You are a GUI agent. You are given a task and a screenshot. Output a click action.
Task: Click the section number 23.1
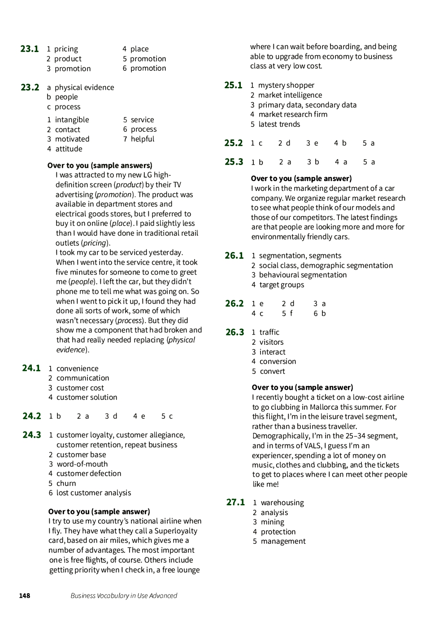tap(30, 49)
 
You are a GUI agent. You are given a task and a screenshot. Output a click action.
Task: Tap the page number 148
tap(25, 596)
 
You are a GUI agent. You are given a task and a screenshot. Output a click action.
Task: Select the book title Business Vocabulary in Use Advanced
tap(124, 596)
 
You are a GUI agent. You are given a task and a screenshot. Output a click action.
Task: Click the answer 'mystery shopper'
tap(286, 85)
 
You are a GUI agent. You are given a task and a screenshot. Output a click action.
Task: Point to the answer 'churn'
tap(66, 483)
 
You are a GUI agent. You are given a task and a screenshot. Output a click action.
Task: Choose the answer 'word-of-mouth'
tap(82, 464)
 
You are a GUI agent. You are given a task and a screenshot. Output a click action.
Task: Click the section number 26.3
tap(234, 332)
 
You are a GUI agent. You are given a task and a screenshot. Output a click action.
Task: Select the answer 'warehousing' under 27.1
tap(282, 503)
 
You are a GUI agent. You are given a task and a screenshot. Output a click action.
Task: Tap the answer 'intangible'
tap(72, 120)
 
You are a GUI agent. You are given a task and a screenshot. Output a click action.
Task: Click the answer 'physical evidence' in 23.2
tap(84, 87)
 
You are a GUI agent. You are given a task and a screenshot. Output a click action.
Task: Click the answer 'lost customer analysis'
tap(94, 493)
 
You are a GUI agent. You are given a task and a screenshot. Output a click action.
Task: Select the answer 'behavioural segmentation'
tap(303, 275)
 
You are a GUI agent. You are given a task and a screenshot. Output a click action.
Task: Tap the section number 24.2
tap(32, 416)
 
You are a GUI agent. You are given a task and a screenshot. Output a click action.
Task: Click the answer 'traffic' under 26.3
tap(269, 332)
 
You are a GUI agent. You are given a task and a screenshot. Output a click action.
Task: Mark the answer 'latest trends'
tap(279, 124)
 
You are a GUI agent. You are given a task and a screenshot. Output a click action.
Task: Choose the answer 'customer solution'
tap(87, 397)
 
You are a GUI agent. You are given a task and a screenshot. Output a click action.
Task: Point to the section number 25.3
tap(234, 162)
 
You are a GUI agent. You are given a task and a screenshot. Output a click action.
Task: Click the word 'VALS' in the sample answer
tap(312, 446)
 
